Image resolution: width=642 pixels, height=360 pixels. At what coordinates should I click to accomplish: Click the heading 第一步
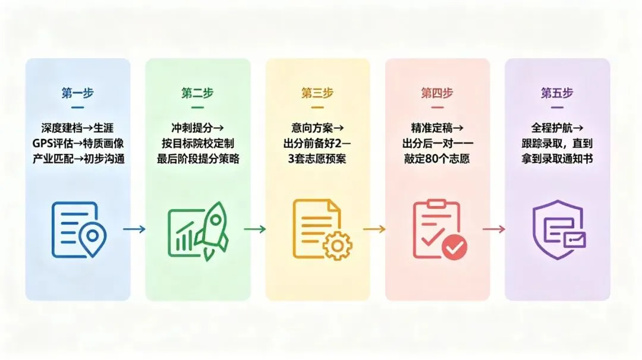(x=78, y=93)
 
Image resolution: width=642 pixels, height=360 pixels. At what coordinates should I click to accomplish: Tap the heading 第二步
(x=198, y=93)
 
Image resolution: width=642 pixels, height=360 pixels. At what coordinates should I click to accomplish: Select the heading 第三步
(x=317, y=93)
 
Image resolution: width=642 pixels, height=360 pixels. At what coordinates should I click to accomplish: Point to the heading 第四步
(x=437, y=93)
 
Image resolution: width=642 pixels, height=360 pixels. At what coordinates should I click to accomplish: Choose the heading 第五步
(x=557, y=93)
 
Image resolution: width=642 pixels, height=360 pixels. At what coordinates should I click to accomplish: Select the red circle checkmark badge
(x=455, y=247)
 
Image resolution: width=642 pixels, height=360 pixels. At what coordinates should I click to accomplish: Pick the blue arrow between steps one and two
(x=134, y=229)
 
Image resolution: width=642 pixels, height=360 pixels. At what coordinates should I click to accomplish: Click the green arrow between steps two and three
(x=254, y=229)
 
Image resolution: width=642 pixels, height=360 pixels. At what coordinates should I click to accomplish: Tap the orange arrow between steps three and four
(x=374, y=229)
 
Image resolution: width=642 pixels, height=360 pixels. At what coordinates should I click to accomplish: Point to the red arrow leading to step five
(x=494, y=229)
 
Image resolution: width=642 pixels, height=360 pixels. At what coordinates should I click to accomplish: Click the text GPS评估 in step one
(x=49, y=143)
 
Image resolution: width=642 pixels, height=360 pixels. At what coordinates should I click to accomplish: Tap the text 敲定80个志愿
(x=437, y=159)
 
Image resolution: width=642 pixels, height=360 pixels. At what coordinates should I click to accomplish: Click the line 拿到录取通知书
(x=557, y=159)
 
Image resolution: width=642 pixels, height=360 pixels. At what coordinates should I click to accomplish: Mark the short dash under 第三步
(x=317, y=108)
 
